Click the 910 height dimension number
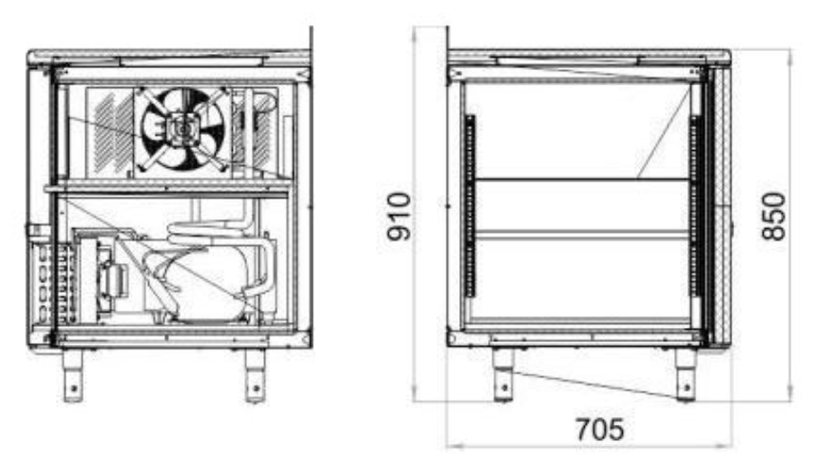(x=399, y=216)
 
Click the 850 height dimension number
(x=774, y=216)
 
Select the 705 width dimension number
(x=599, y=430)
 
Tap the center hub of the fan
(x=182, y=128)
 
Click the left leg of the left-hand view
(x=73, y=375)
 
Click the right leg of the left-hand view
(x=255, y=375)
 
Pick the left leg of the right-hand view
(x=503, y=375)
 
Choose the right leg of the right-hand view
(x=686, y=375)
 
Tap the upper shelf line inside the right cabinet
(x=582, y=181)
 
